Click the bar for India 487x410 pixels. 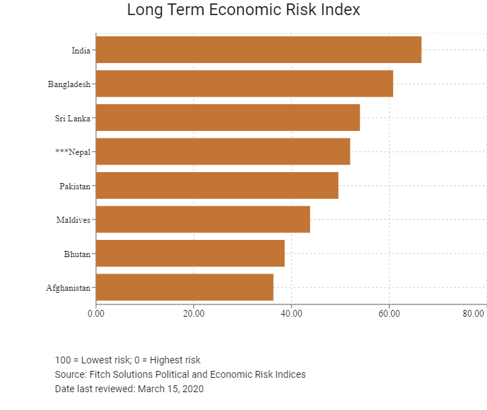click(259, 49)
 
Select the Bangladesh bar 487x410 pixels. click(244, 84)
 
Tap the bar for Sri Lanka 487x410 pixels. click(228, 118)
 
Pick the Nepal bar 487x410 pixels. click(223, 152)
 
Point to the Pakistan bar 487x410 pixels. click(217, 185)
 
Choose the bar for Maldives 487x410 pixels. click(203, 219)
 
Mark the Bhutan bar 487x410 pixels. click(191, 253)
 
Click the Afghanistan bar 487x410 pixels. click(185, 287)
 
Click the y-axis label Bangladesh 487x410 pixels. click(69, 84)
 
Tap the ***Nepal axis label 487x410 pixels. click(73, 152)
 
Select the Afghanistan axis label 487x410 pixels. click(68, 288)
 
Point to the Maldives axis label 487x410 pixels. click(73, 220)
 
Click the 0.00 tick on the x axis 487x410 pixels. click(96, 313)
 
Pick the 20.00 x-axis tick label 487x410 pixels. click(193, 313)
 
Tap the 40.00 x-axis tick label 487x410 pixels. click(292, 313)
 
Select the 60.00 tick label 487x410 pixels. click(389, 313)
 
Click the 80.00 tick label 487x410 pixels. click(473, 313)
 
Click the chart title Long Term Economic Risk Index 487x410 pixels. click(243, 10)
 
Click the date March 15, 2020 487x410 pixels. click(171, 389)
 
